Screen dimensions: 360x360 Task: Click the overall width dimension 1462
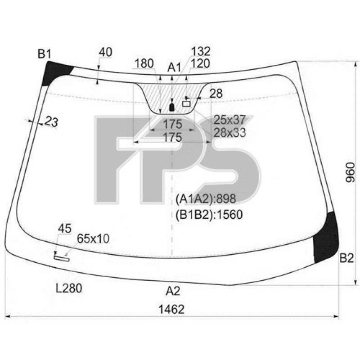point(171,309)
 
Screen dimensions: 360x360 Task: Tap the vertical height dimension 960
point(351,172)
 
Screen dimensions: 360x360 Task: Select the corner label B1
point(45,54)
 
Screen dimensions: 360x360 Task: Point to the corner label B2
point(346,258)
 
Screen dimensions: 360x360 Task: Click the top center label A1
point(174,67)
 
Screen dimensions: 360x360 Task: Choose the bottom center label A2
point(173,291)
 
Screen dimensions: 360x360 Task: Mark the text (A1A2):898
point(206,198)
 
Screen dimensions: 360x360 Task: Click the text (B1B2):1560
point(209,215)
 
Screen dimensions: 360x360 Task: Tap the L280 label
point(69,288)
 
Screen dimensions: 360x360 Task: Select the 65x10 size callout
point(93,238)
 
